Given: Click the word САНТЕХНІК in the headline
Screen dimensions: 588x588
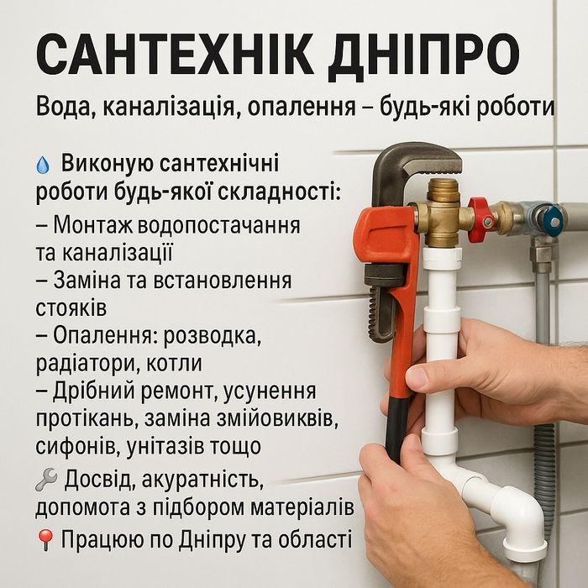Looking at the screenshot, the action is (x=175, y=55).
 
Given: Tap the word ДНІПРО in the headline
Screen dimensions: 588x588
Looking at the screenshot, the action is (x=423, y=57).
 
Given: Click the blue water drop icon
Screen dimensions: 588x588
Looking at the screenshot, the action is (x=43, y=165).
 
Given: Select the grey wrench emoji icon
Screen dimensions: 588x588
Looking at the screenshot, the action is (x=46, y=480).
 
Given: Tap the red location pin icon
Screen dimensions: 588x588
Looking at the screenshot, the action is (x=45, y=540).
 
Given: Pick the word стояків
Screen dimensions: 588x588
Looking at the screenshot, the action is (x=71, y=308).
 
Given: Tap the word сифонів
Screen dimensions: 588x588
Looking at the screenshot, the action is (x=77, y=445).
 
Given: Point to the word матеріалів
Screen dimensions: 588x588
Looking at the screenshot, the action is (x=302, y=507).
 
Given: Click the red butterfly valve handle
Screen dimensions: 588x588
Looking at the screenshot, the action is (x=480, y=220).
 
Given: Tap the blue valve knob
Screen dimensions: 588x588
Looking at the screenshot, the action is (x=553, y=221).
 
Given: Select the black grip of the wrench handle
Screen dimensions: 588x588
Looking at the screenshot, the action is (x=397, y=430).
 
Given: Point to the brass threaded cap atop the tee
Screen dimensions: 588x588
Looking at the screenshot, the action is (x=443, y=190).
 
